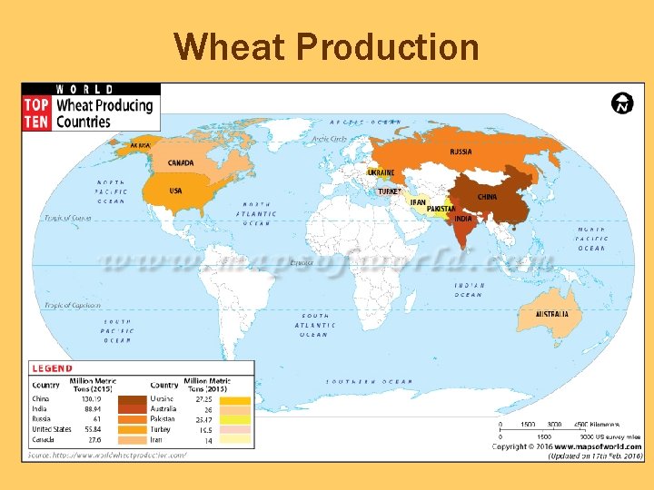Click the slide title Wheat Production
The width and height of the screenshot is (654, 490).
coord(326,46)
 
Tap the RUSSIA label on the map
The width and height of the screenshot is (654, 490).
coord(461,152)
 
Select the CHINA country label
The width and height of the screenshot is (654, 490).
coord(487,197)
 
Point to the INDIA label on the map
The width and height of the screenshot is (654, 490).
coord(463,219)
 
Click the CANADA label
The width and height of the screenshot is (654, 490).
coord(181,163)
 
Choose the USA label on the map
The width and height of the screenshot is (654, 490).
coord(175,191)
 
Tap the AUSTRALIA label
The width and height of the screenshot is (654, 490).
coord(551,314)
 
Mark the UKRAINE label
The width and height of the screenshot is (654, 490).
coord(381,172)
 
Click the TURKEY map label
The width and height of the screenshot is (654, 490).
coord(389,191)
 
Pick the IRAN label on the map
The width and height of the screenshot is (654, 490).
coord(418,202)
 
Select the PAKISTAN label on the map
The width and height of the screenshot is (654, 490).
coord(441,209)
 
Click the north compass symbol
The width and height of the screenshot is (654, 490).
coord(622,103)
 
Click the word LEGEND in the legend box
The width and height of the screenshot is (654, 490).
coord(52,368)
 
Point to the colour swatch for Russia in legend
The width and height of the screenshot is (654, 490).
coord(134,419)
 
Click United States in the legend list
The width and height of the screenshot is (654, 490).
coord(52,429)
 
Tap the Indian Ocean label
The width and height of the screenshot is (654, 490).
coord(469,289)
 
